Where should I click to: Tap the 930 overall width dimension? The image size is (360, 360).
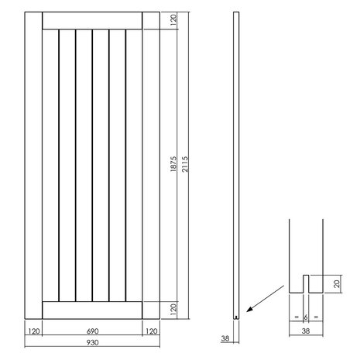coord(92,341)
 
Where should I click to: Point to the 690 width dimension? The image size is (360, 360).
coord(92,330)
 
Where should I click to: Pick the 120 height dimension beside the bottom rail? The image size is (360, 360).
coord(173,308)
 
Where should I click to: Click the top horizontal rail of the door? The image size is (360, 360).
coord(92,21)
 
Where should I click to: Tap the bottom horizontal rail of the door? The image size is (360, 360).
coord(92,309)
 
